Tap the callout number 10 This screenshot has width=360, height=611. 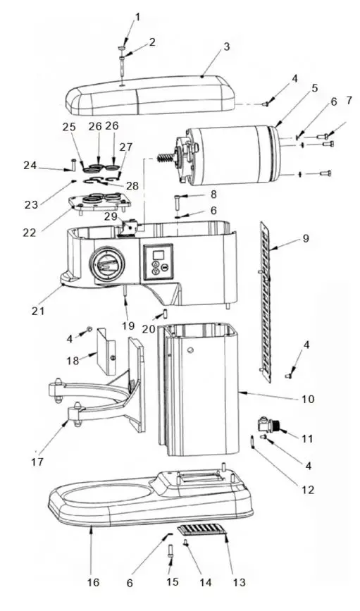pyautogui.click(x=307, y=399)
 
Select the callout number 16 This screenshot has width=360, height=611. pyautogui.click(x=94, y=582)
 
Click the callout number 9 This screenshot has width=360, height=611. pyautogui.click(x=305, y=238)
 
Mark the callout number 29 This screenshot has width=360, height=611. pyautogui.click(x=111, y=216)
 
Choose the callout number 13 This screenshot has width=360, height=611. pyautogui.click(x=240, y=582)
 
